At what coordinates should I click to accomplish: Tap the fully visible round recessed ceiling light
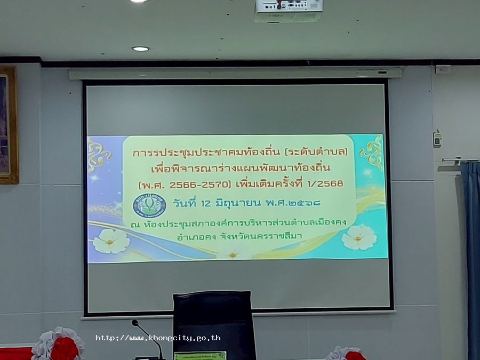(x=140, y=49)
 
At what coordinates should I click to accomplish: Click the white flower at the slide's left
(x=111, y=241)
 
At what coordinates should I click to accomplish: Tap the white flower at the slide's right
(x=359, y=237)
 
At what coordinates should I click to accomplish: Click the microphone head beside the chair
(x=135, y=323)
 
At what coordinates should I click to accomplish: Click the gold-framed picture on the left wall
(x=8, y=125)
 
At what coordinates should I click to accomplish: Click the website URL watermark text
(x=158, y=338)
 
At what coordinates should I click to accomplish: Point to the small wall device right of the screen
(x=437, y=140)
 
